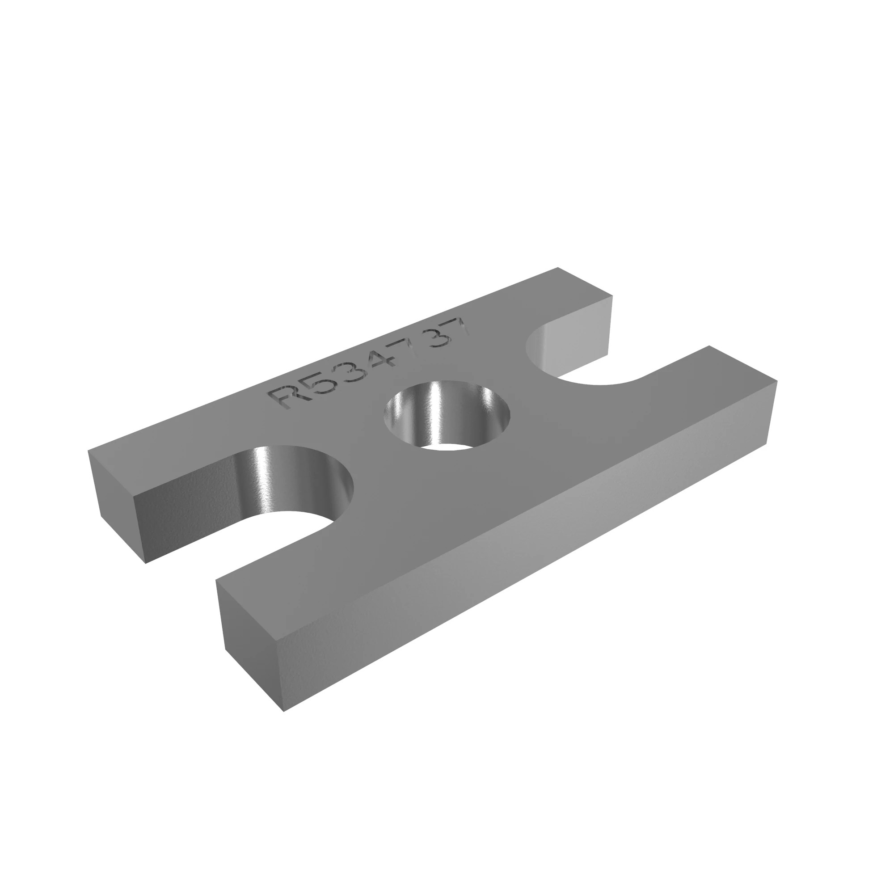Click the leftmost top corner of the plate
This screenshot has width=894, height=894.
tap(89, 450)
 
